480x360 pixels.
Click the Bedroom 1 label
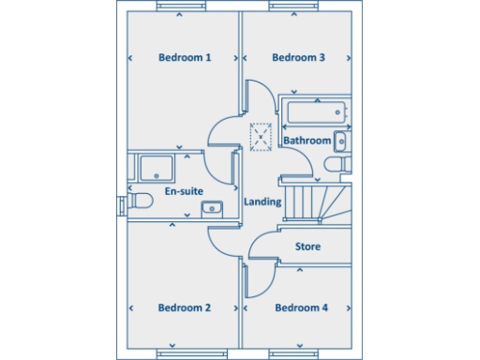coord(184,58)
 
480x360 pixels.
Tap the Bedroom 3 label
coord(298,58)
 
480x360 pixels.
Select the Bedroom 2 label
coord(184,307)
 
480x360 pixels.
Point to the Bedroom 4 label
coord(301,307)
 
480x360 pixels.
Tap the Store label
coord(308,247)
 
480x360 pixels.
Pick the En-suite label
coord(184,192)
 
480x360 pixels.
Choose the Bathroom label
coord(307,142)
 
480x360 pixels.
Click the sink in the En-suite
coord(213,208)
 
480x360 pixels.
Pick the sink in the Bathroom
coord(341,142)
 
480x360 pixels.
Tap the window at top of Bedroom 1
coord(182,7)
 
